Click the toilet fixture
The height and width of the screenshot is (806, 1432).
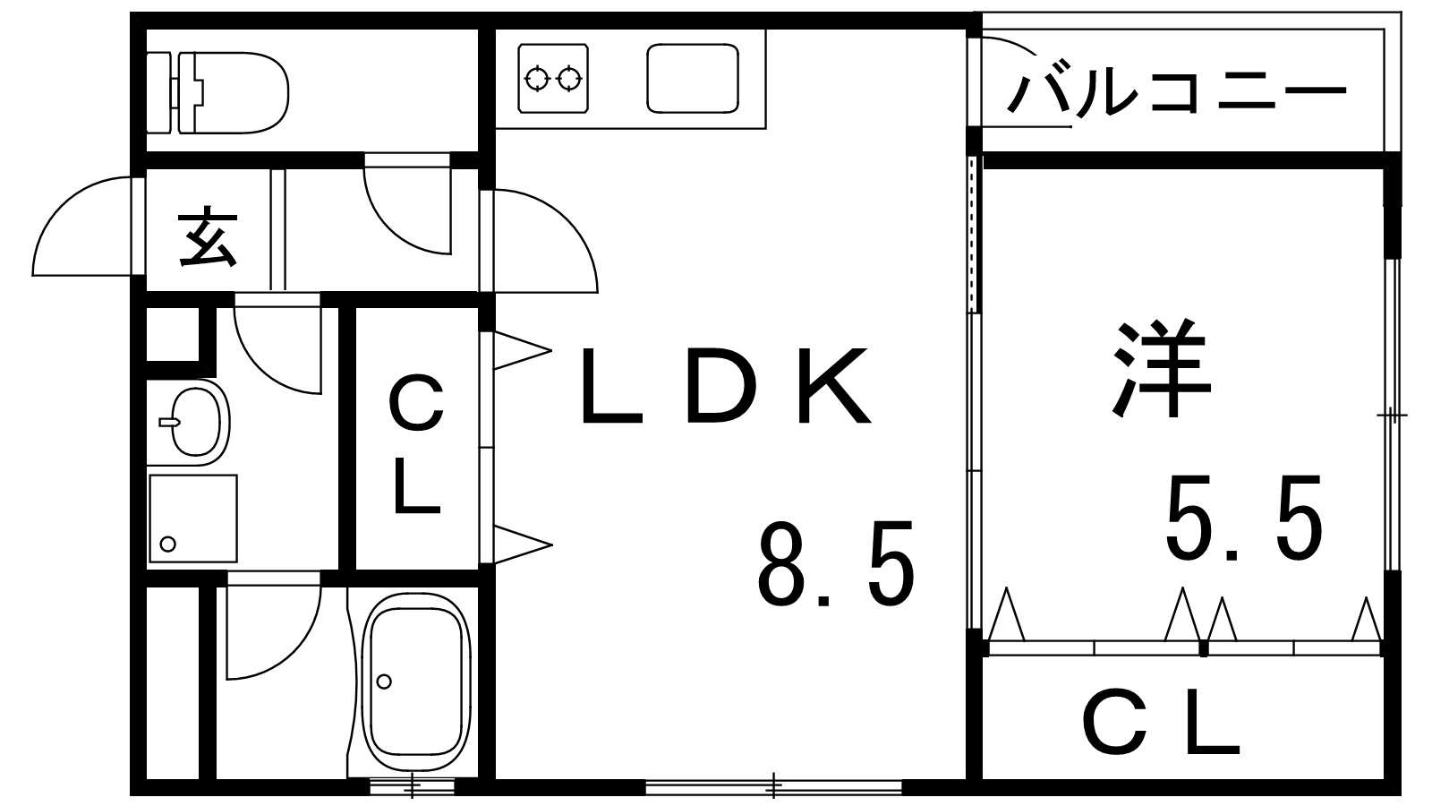217,93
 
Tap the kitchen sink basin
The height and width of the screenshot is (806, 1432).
693,78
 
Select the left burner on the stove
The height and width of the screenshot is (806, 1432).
536,79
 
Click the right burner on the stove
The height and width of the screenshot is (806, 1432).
568,79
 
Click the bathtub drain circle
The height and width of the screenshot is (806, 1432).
384,682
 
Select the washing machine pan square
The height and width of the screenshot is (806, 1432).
193,519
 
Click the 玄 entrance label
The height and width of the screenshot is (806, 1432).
208,236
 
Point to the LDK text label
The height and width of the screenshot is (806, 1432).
726,386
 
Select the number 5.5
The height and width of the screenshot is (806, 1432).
1243,519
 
